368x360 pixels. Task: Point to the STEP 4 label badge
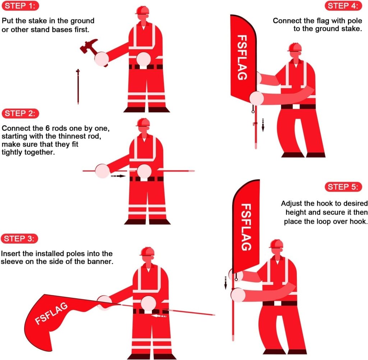(x=344, y=6)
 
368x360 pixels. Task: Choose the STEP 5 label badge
(x=344, y=187)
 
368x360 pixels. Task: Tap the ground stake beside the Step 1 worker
(x=78, y=86)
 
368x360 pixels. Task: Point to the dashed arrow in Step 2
(x=118, y=176)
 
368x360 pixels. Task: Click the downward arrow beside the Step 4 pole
(x=263, y=124)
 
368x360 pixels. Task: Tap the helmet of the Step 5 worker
(x=276, y=244)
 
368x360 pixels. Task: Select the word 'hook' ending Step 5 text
(x=359, y=221)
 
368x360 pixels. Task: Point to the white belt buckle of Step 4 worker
(x=297, y=106)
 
